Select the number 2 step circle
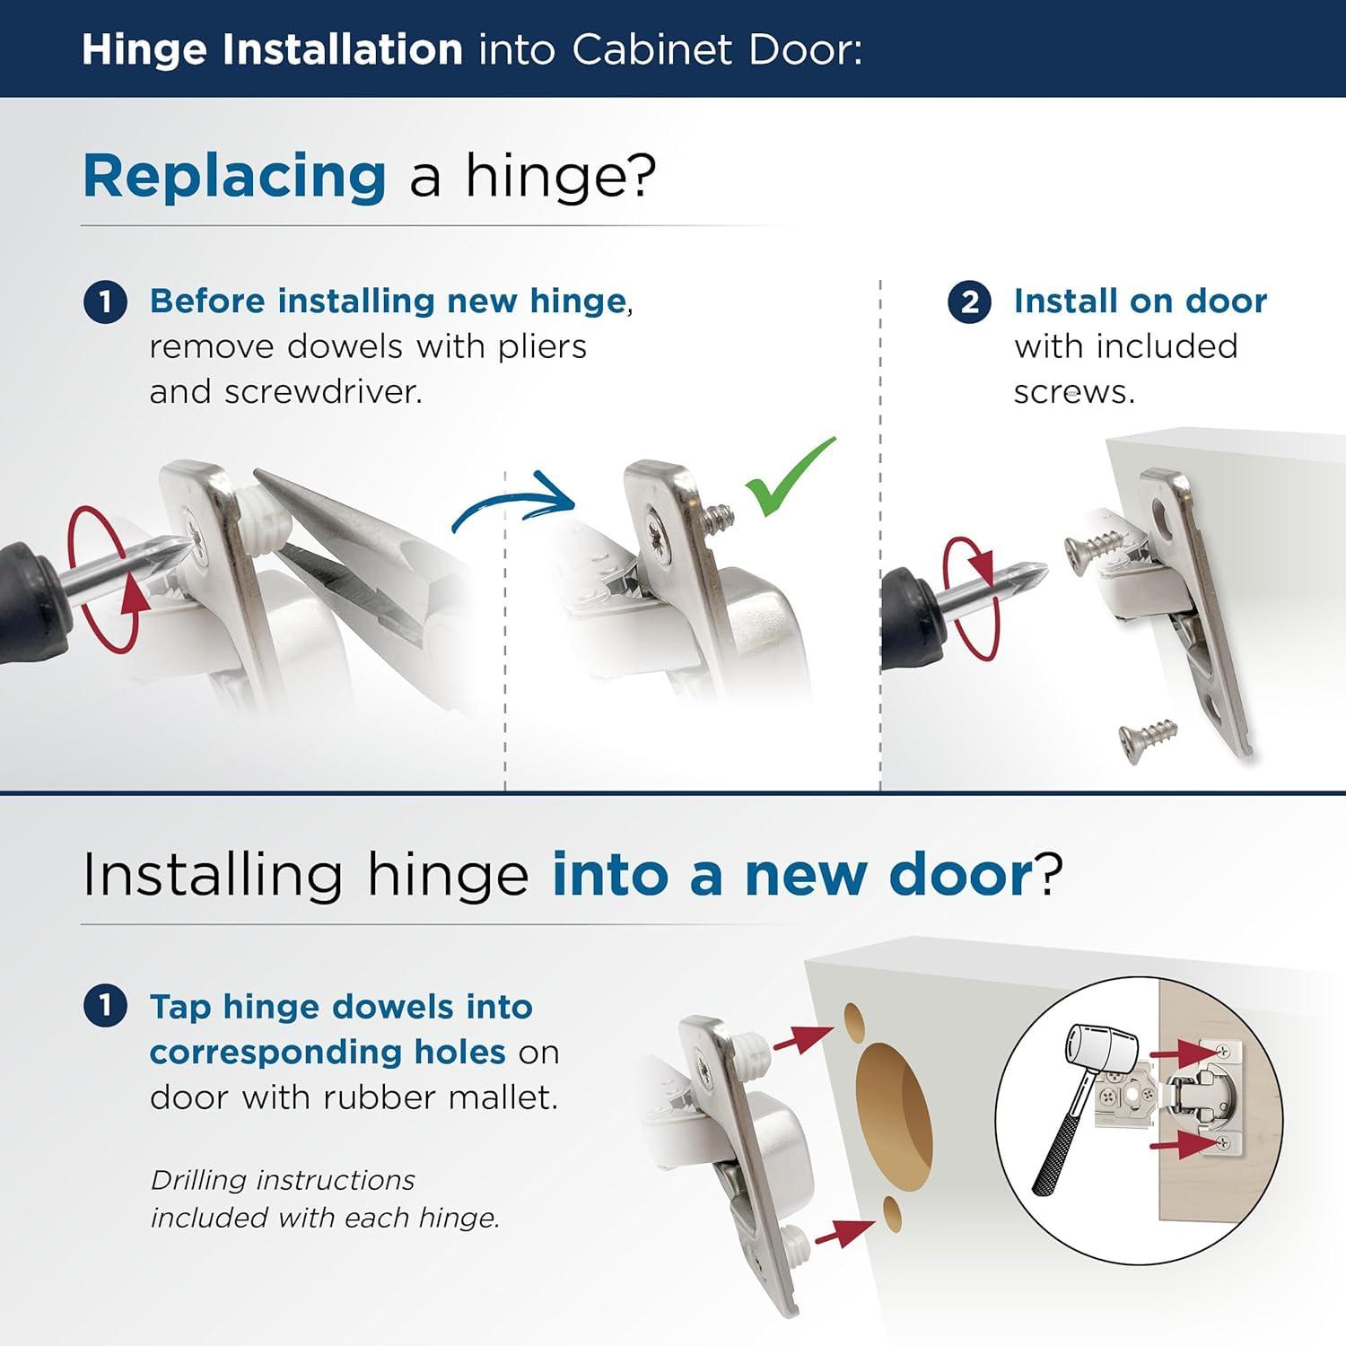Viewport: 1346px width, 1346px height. coord(969,302)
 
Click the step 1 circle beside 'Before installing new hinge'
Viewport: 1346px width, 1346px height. coord(105,302)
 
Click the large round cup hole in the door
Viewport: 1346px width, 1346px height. coord(894,1110)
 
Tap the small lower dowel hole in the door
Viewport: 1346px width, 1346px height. coord(892,1213)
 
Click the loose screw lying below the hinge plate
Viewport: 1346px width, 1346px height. coord(1148,739)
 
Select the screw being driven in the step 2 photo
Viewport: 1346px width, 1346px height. coord(1095,546)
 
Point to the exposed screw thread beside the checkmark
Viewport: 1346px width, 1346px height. coord(718,519)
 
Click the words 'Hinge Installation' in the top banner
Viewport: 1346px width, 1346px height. coord(272,49)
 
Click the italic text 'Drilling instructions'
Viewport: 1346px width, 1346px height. coord(283,1180)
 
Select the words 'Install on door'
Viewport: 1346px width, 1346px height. coord(1140,302)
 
